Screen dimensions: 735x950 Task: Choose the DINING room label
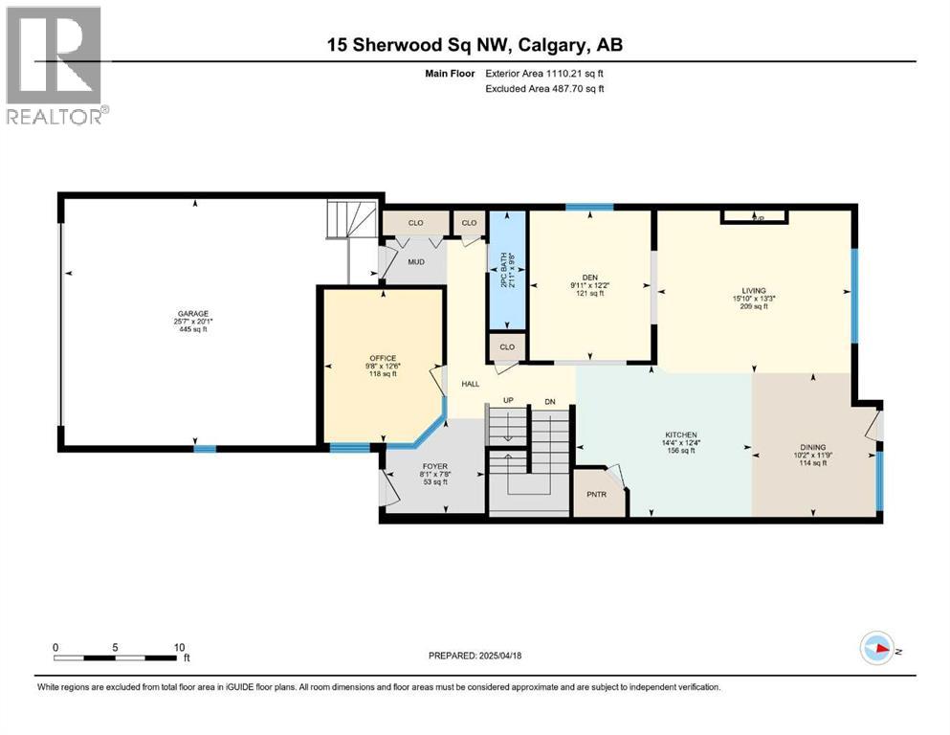[x=812, y=447]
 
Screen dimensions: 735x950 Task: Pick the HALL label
[x=471, y=383]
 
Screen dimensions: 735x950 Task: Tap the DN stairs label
[x=550, y=401]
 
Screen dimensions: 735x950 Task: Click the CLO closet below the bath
[x=507, y=346]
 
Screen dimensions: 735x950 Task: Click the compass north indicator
[x=877, y=649]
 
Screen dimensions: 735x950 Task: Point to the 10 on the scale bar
[x=179, y=647]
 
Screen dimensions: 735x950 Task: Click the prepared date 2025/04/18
[x=475, y=656]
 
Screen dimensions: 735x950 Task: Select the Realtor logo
[x=54, y=65]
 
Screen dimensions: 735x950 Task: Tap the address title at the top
[x=475, y=45]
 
